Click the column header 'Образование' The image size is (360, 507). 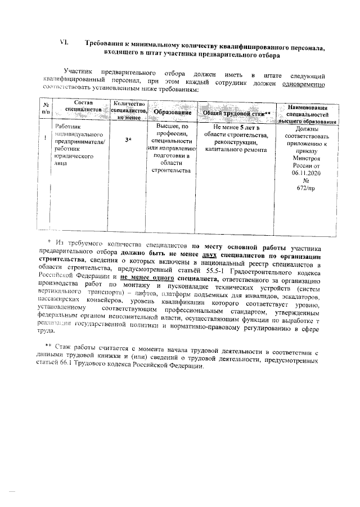[173, 113]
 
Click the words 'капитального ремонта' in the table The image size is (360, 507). [232, 150]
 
